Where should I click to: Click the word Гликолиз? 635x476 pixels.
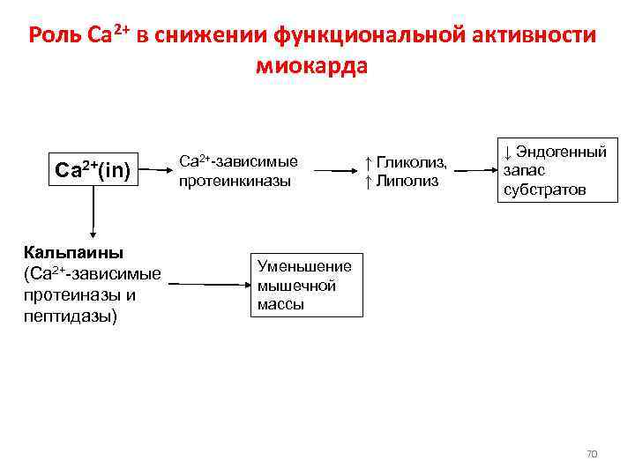[412, 161]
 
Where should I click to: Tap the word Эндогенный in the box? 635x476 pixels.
[559, 151]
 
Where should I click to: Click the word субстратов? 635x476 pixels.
[544, 189]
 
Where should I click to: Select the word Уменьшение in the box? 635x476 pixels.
[304, 265]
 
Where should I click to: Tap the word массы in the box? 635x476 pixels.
[280, 305]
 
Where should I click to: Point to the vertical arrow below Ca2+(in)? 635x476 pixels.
[93, 217]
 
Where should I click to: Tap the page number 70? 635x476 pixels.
[592, 454]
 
